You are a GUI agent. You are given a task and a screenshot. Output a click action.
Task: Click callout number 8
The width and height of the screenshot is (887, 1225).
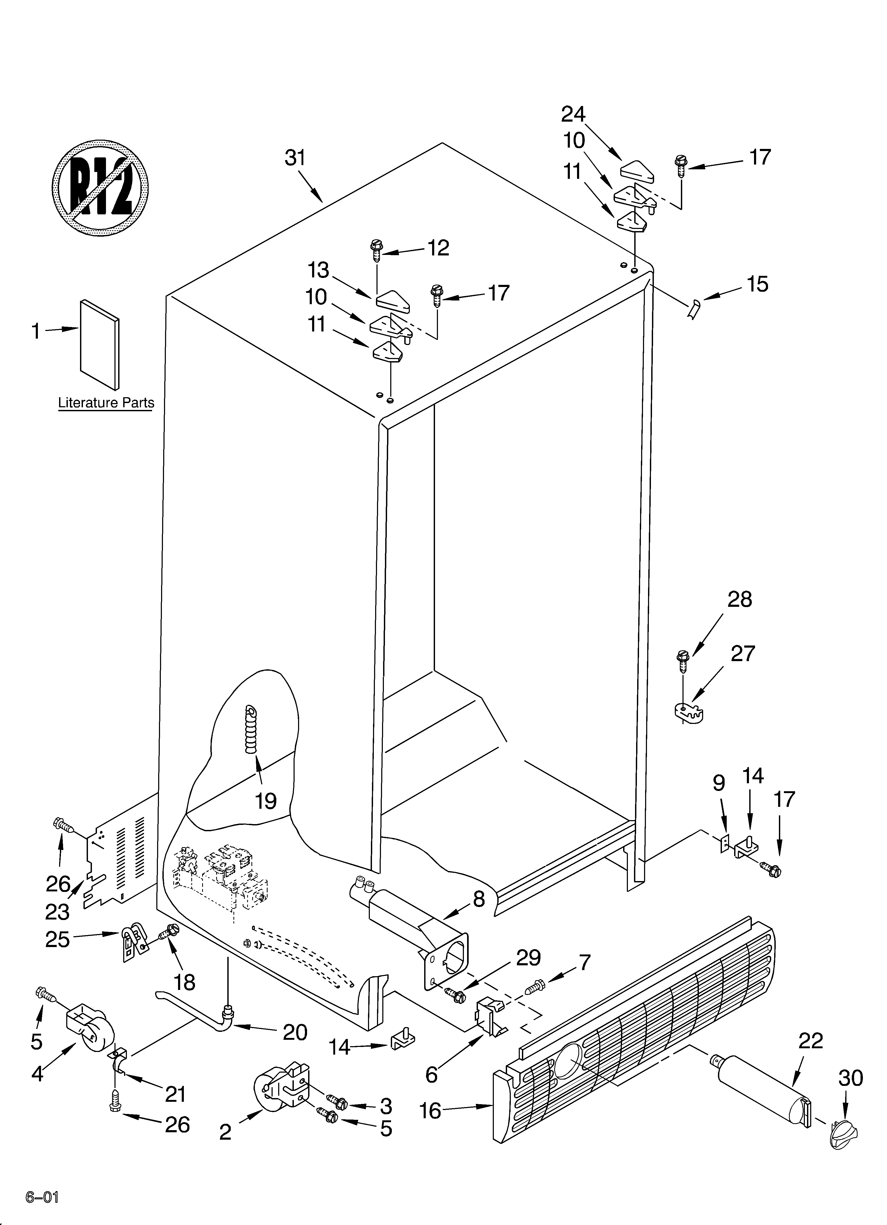479,899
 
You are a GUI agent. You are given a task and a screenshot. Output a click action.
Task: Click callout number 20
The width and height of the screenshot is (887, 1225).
295,1032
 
